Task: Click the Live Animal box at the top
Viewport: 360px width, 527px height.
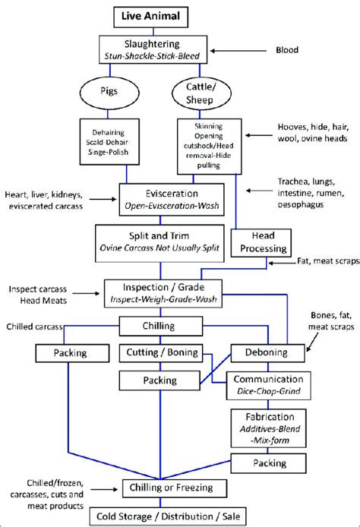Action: pyautogui.click(x=160, y=16)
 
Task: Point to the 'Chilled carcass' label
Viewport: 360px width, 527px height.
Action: pyautogui.click(x=32, y=326)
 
